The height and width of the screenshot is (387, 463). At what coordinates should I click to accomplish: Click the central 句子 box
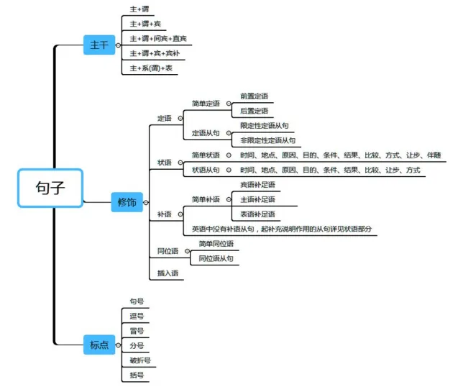coord(50,188)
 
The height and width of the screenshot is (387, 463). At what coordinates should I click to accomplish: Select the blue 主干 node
coord(98,45)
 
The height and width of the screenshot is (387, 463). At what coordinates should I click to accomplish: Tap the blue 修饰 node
coord(127,202)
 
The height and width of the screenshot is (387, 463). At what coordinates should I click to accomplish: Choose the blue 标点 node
coord(98,345)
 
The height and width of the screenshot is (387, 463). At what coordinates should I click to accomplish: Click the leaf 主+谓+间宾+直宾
coord(158,38)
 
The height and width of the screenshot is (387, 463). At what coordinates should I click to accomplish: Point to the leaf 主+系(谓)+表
coord(151,68)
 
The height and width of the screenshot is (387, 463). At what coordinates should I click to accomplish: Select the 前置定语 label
coord(254,96)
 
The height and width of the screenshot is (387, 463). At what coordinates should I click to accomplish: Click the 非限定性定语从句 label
coord(267,140)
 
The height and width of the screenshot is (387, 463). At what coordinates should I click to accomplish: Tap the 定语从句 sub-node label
coord(206,133)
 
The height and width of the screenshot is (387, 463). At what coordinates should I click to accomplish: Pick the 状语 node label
coord(165,163)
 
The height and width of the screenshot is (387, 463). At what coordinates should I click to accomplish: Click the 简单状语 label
coord(206,155)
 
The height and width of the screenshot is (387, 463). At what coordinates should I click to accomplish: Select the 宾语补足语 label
coord(257,185)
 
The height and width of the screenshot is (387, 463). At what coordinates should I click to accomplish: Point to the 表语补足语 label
coord(257,214)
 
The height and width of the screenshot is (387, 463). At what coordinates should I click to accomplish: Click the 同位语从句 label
coord(216,258)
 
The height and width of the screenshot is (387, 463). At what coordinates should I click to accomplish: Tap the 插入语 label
coord(168,273)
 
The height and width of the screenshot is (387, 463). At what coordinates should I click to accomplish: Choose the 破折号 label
coord(140,360)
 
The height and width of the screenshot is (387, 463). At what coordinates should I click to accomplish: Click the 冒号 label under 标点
coord(137,331)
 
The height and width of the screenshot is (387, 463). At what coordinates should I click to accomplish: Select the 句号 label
coord(137,301)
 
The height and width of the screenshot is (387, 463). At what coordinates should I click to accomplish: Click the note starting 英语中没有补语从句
coord(282,229)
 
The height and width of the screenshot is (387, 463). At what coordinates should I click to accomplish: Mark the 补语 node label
coord(165,214)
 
